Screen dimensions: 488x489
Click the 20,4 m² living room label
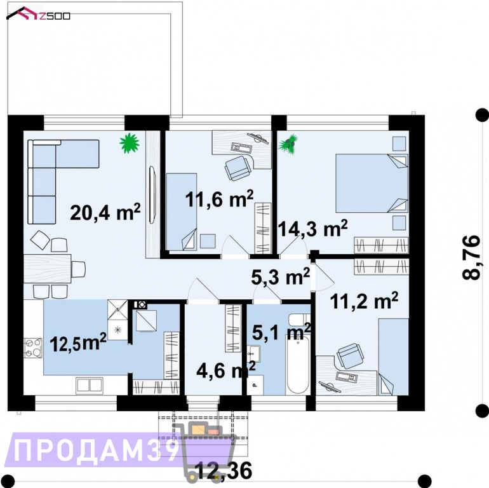[x=105, y=212]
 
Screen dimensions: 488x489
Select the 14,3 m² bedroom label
[x=313, y=228]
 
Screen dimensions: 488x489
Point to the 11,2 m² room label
[x=364, y=301]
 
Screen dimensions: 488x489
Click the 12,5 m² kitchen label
[x=77, y=342]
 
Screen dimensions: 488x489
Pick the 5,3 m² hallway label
[x=280, y=276]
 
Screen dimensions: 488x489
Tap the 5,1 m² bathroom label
[x=281, y=331]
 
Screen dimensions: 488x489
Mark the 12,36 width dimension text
[x=224, y=471]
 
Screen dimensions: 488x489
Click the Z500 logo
[x=39, y=14]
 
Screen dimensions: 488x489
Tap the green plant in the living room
[x=130, y=144]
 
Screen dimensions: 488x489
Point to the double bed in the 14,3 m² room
[x=371, y=183]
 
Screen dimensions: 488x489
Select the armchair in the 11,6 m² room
[x=238, y=167]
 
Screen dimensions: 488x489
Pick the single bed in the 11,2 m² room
[x=393, y=356]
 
